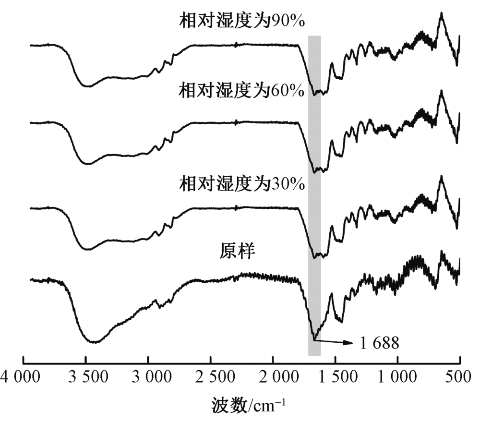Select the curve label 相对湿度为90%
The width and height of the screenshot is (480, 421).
coord(242,21)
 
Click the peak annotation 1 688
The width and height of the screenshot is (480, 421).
coord(377,343)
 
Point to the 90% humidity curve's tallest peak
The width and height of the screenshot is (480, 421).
coord(441,13)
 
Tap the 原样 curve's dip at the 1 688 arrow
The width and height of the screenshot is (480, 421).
coord(314,339)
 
